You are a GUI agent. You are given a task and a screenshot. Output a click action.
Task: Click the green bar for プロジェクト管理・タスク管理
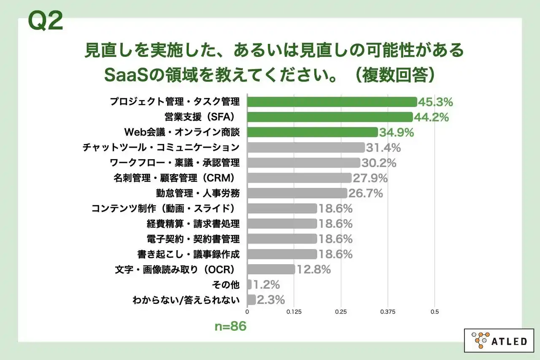click(x=332, y=102)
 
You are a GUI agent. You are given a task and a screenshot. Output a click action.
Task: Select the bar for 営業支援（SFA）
click(x=330, y=117)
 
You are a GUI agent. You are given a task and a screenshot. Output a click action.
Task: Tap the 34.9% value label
click(x=396, y=133)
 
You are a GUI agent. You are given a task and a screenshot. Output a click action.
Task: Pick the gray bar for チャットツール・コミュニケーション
click(x=306, y=147)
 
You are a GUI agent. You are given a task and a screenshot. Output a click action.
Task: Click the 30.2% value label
click(x=378, y=163)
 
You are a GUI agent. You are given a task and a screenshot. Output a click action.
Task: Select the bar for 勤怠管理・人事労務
click(x=297, y=193)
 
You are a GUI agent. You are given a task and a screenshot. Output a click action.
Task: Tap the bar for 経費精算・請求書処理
click(x=282, y=224)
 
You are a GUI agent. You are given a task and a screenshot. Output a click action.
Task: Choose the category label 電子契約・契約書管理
click(x=192, y=239)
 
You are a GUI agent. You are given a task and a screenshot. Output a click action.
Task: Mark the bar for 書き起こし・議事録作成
click(x=282, y=254)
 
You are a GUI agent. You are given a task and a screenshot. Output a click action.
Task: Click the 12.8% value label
click(x=313, y=269)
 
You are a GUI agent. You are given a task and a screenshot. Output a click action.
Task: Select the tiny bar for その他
click(x=249, y=284)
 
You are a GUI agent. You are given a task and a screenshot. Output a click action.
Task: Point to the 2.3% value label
click(x=271, y=300)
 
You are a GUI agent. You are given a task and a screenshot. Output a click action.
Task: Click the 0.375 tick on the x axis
click(x=388, y=312)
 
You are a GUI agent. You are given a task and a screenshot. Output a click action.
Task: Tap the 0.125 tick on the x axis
click(x=294, y=312)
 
